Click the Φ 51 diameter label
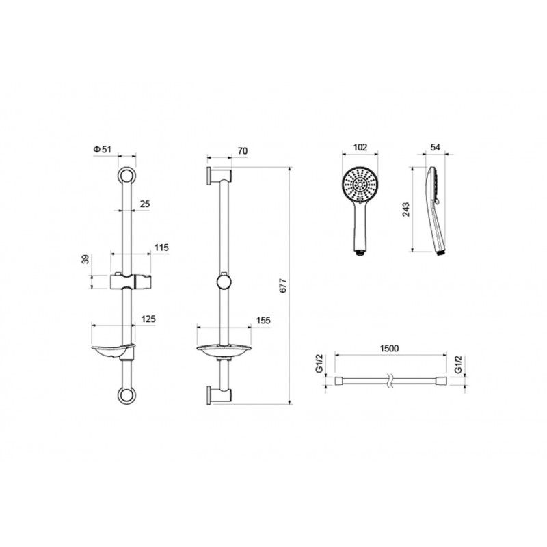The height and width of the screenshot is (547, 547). click(102, 149)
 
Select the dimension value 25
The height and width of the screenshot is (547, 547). click(145, 204)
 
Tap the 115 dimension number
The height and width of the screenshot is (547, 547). click(161, 248)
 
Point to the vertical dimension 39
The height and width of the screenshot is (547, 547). click(85, 259)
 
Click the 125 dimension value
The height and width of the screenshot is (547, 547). click(148, 319)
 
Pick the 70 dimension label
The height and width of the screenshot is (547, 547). click(243, 151)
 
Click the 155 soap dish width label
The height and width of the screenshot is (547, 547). click(263, 321)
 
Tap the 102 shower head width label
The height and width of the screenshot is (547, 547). click(360, 147)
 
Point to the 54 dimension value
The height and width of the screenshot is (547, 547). click(435, 147)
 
